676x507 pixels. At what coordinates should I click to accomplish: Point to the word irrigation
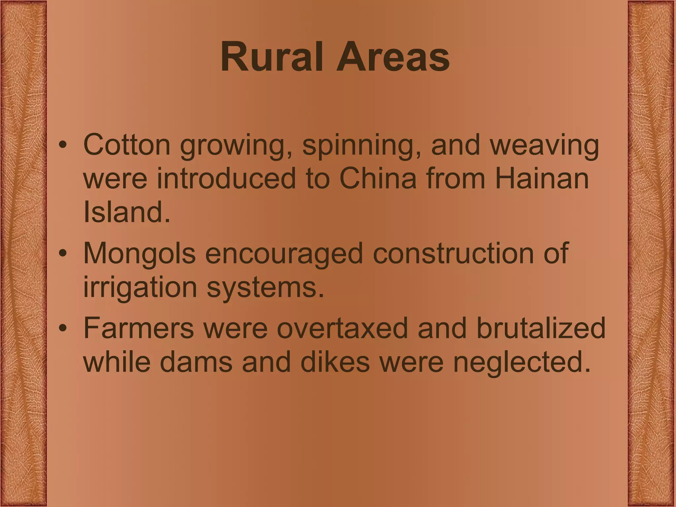[140, 287]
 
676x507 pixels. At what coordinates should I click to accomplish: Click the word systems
[265, 287]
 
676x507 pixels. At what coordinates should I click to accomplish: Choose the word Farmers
[139, 328]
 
